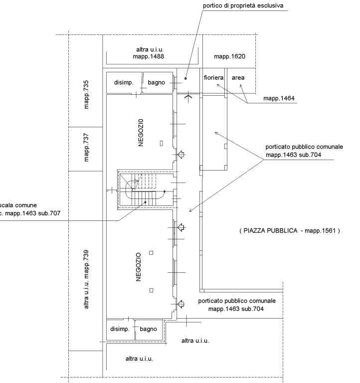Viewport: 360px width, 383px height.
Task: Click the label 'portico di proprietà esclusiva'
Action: click(243, 6)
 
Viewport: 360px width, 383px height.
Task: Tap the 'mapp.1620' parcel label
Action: click(230, 57)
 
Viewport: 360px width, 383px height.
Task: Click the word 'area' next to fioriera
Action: click(238, 78)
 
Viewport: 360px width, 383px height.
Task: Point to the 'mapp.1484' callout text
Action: click(279, 99)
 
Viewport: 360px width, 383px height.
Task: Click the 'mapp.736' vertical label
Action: click(86, 94)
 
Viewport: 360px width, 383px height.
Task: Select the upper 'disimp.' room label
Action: click(124, 82)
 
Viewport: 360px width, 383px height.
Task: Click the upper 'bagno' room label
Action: click(157, 82)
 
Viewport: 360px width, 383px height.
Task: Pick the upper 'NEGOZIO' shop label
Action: click(141, 132)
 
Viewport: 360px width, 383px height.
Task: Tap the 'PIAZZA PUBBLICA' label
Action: click(289, 231)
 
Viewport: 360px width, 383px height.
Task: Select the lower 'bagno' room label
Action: click(149, 329)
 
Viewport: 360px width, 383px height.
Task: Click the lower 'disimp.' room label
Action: click(120, 329)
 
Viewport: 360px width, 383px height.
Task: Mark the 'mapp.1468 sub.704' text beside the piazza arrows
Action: click(293, 155)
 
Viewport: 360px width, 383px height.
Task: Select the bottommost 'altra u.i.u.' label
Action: click(139, 359)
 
